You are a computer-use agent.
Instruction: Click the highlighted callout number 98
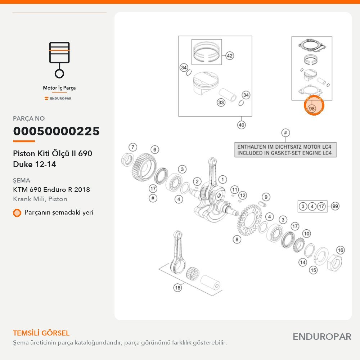pyautogui.click(x=311, y=108)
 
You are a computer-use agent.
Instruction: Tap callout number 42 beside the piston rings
pyautogui.click(x=230, y=55)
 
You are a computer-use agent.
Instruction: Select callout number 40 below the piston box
pyautogui.click(x=241, y=125)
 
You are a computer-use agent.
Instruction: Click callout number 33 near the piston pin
pyautogui.click(x=221, y=102)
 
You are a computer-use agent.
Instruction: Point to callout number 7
pyautogui.click(x=133, y=147)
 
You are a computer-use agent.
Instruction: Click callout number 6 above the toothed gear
pyautogui.click(x=155, y=150)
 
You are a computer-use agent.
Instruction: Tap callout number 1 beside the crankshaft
pyautogui.click(x=222, y=180)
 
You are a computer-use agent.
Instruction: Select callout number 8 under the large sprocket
pyautogui.click(x=237, y=239)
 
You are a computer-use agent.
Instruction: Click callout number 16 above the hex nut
pyautogui.click(x=341, y=250)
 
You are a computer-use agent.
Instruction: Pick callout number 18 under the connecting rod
pyautogui.click(x=178, y=288)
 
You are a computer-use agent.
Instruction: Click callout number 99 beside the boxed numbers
pyautogui.click(x=335, y=206)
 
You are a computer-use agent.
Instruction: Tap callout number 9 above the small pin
pyautogui.click(x=266, y=197)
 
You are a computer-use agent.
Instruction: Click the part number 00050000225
pyautogui.click(x=56, y=131)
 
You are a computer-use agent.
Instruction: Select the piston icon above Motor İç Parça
pyautogui.click(x=59, y=60)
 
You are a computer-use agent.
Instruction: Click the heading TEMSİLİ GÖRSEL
pyautogui.click(x=41, y=333)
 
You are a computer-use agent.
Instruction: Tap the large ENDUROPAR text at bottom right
pyautogui.click(x=322, y=337)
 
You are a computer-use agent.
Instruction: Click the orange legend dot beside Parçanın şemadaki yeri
pyautogui.click(x=17, y=213)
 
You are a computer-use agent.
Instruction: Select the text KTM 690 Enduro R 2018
pyautogui.click(x=51, y=190)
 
